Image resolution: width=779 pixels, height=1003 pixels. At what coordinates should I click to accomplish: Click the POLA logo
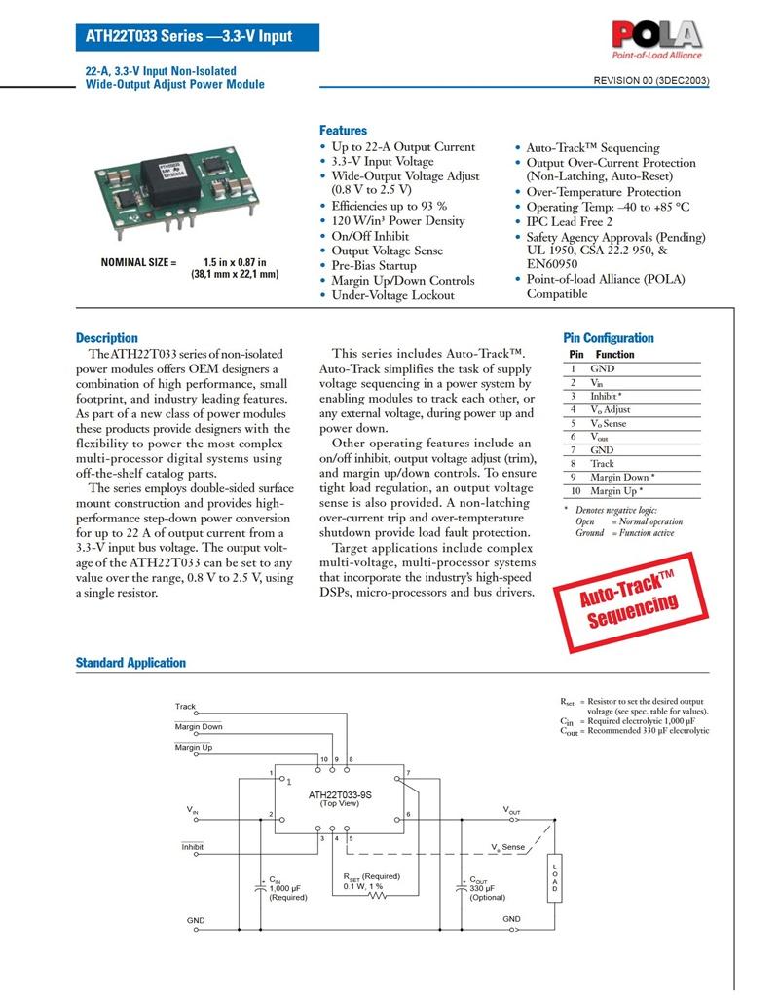coord(656,42)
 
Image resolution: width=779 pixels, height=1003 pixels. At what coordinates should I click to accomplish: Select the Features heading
coord(343,131)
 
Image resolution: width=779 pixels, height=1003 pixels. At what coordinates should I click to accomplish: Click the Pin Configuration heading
coord(609,338)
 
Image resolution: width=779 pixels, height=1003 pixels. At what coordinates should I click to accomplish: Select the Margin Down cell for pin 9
coord(622,478)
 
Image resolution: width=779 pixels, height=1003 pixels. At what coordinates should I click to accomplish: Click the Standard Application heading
coord(130,663)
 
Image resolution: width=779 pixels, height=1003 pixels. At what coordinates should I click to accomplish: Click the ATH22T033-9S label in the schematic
coord(340,794)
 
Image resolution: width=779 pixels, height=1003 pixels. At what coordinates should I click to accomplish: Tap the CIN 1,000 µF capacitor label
coord(287,888)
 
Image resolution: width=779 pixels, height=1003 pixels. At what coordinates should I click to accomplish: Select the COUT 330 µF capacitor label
coord(488,888)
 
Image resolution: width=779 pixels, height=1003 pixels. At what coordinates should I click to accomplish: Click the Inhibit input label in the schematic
coord(192,847)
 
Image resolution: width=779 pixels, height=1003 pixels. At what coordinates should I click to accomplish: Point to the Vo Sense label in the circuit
coord(507,847)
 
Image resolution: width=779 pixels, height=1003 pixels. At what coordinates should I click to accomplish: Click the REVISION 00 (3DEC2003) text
coord(651,81)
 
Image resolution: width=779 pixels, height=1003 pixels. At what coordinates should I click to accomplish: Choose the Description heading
coord(107,338)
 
